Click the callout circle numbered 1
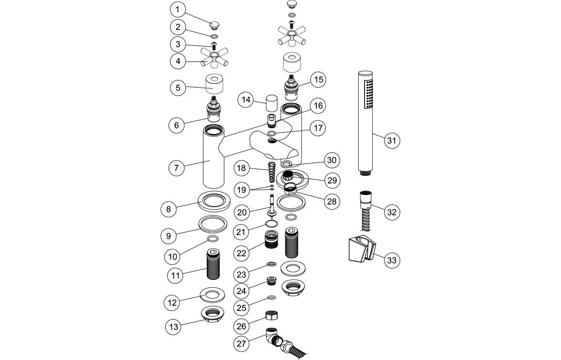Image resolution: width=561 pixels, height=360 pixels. pyautogui.click(x=178, y=9)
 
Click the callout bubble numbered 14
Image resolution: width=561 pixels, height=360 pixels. pyautogui.click(x=247, y=100)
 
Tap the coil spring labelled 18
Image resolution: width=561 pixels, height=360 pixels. pyautogui.click(x=272, y=173)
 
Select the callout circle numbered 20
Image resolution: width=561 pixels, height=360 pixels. pyautogui.click(x=243, y=212)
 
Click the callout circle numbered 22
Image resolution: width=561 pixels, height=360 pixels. pyautogui.click(x=243, y=253)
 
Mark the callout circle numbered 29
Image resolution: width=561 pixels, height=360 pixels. pyautogui.click(x=332, y=180)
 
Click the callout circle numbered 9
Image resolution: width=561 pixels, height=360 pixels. pyautogui.click(x=169, y=236)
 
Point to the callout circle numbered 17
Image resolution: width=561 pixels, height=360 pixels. pyautogui.click(x=318, y=129)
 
